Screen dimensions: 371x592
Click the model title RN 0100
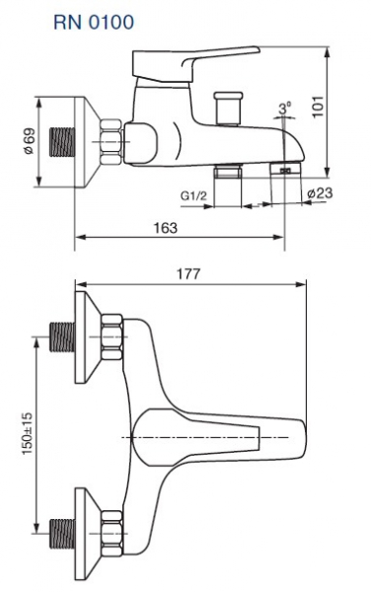click(x=94, y=23)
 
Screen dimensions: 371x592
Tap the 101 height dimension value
click(x=318, y=107)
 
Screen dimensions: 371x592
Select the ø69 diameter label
click(x=29, y=142)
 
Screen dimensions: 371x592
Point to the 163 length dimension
click(x=166, y=228)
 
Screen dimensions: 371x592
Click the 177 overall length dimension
click(x=189, y=273)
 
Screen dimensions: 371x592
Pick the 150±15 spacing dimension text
click(x=28, y=433)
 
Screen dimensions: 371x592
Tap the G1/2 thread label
click(x=193, y=195)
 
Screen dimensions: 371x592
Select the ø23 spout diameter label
click(x=320, y=193)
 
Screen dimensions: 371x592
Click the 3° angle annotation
click(x=285, y=109)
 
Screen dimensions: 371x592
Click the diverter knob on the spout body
click(x=228, y=109)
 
